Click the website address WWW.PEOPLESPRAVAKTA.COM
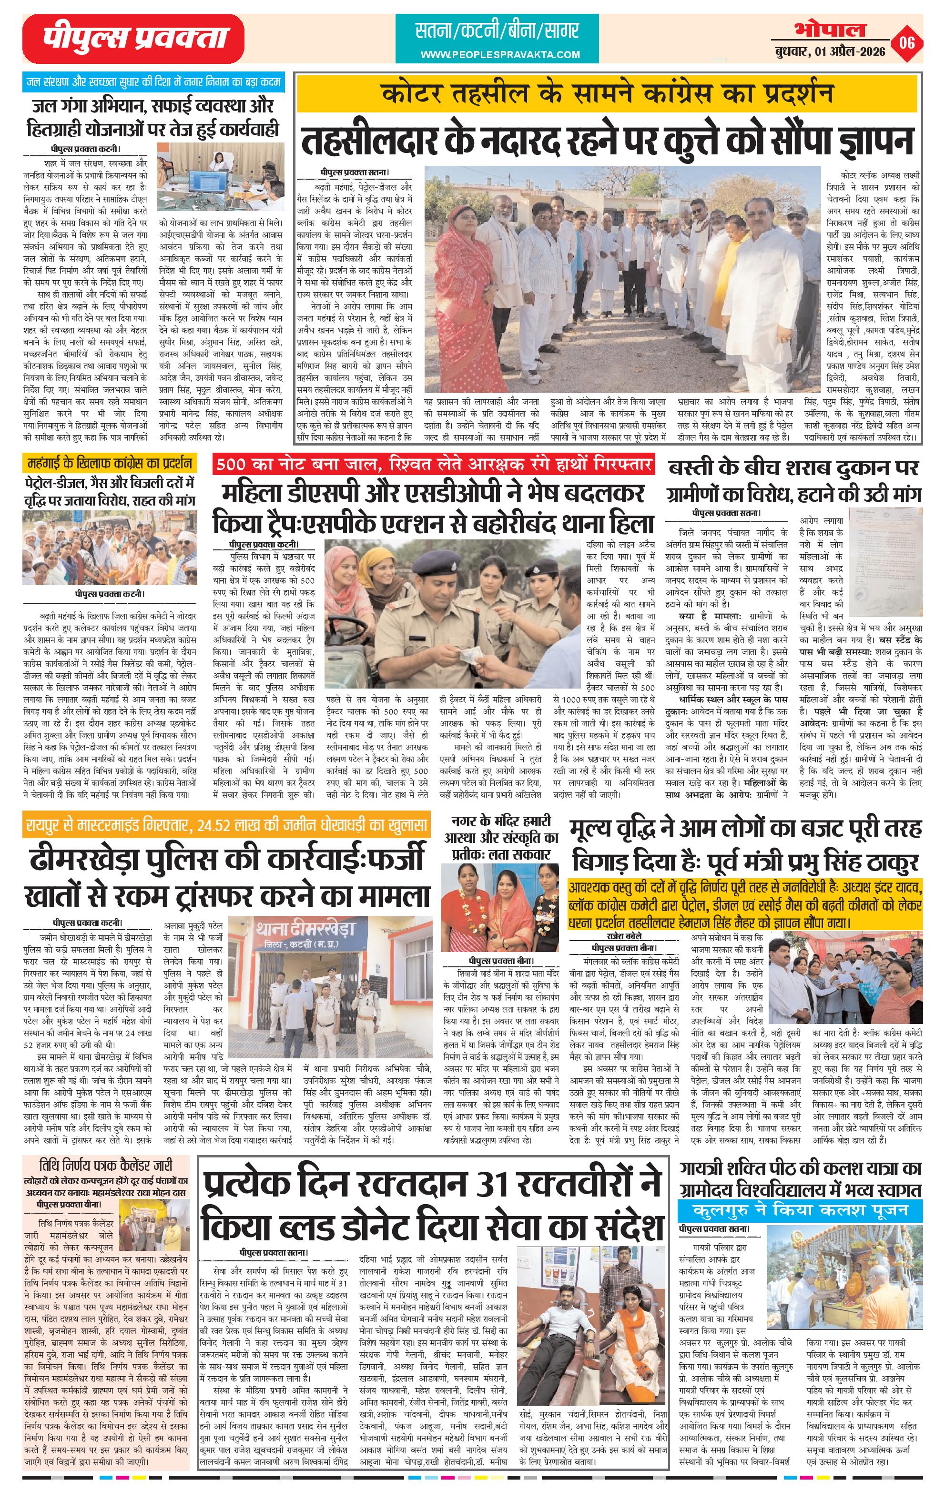click(x=500, y=54)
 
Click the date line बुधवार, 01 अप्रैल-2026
click(x=829, y=51)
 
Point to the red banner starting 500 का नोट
click(x=433, y=464)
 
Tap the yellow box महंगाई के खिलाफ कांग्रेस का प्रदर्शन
click(x=110, y=463)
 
